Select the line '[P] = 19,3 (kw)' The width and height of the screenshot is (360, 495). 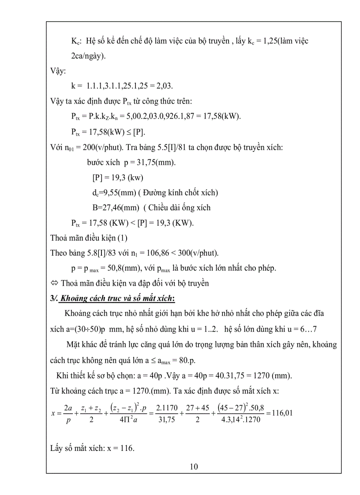[x=118, y=178]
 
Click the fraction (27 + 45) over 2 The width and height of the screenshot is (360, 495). [x=198, y=413]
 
